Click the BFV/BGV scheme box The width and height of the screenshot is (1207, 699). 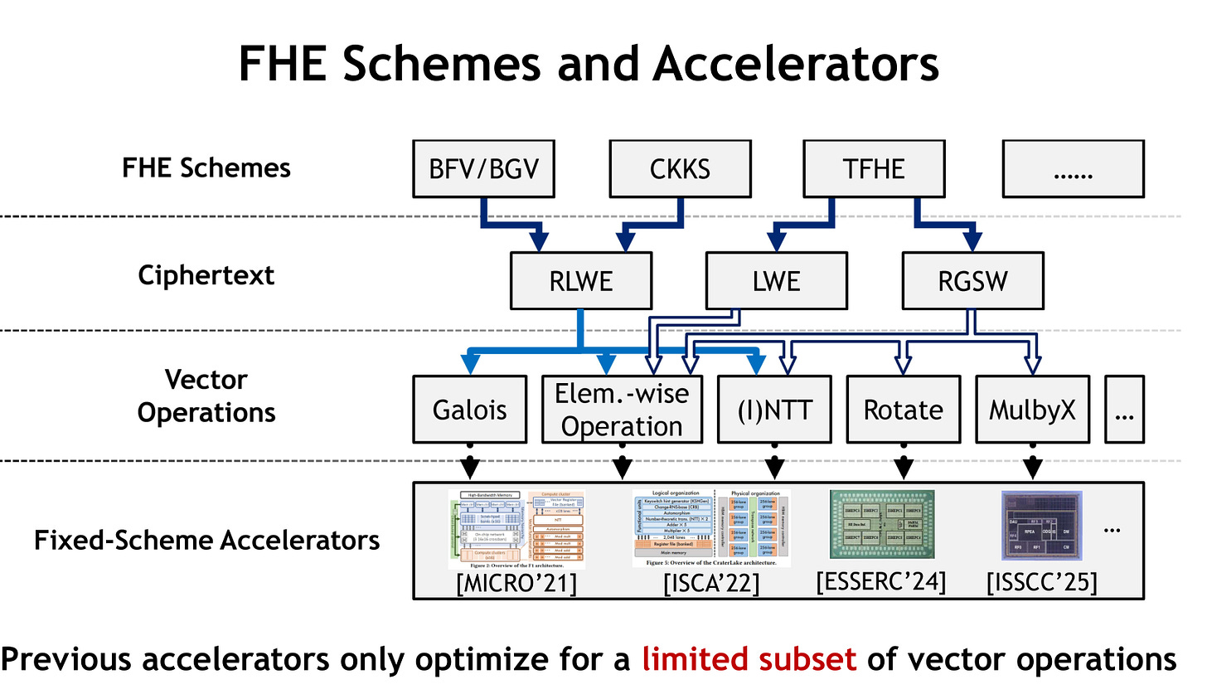point(483,169)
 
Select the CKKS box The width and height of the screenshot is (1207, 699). point(680,169)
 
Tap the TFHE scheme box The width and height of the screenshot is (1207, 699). point(874,169)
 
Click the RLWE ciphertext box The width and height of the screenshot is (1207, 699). point(580,281)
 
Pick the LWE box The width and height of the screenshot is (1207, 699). point(776,281)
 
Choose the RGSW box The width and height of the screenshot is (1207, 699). point(972,281)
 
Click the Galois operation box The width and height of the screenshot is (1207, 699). point(469,410)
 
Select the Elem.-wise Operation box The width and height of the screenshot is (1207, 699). point(622,410)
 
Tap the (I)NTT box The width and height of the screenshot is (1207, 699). point(774,410)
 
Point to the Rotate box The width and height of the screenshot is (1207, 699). point(903,410)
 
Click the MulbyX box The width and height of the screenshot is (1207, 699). point(1032,410)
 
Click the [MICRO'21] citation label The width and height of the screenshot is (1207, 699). point(516,583)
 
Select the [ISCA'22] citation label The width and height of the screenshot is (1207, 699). point(711,583)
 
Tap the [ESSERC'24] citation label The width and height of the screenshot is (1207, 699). point(880,581)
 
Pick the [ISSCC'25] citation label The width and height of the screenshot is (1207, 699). point(1041,582)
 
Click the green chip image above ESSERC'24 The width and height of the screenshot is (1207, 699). point(882,524)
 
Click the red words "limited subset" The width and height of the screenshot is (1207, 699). point(749,659)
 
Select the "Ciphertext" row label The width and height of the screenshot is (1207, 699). point(206,275)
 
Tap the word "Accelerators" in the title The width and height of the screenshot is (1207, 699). point(796,64)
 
